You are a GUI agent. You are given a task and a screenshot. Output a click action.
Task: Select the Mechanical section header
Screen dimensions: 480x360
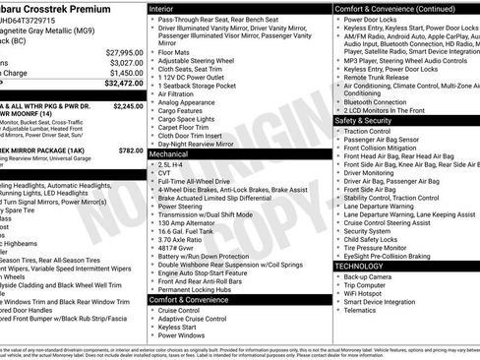tap(169, 154)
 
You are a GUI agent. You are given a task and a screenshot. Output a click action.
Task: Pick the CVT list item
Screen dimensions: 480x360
tap(165, 173)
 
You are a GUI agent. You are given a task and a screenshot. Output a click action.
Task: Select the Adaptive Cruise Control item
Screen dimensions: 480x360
tap(194, 318)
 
